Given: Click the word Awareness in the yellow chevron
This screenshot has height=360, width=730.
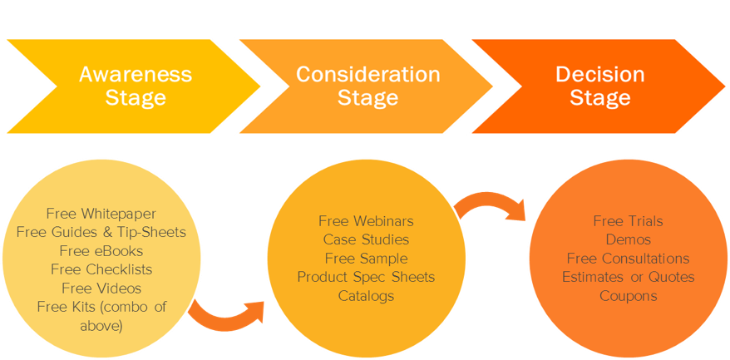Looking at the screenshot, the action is pyautogui.click(x=136, y=75).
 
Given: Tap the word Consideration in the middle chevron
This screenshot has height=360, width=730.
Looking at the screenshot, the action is pyautogui.click(x=367, y=75).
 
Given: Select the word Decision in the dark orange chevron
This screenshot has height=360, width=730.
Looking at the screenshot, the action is pyautogui.click(x=600, y=75).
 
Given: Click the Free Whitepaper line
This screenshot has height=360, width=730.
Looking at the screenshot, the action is pyautogui.click(x=101, y=214).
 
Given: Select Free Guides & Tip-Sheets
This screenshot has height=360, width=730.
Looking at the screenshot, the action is pyautogui.click(x=101, y=232).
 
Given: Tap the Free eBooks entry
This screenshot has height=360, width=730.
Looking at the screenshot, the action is pyautogui.click(x=101, y=250).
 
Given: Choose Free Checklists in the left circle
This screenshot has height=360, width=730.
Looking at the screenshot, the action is pyautogui.click(x=101, y=269).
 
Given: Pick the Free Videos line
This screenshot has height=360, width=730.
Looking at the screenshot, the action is pyautogui.click(x=101, y=288).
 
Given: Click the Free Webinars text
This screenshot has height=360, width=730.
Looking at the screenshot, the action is pyautogui.click(x=366, y=221).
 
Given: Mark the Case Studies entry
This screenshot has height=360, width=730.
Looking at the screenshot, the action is pyautogui.click(x=366, y=239).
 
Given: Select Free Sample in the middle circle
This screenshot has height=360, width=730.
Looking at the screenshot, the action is pyautogui.click(x=366, y=258).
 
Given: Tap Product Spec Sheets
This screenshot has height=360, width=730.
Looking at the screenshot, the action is pyautogui.click(x=366, y=277).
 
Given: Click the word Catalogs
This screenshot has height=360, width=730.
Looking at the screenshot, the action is pyautogui.click(x=366, y=296).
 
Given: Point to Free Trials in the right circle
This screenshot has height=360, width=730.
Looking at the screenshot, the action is pyautogui.click(x=628, y=221).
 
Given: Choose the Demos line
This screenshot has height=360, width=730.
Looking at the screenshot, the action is pyautogui.click(x=628, y=239).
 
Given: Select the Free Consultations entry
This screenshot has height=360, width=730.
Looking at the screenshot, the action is pyautogui.click(x=628, y=258).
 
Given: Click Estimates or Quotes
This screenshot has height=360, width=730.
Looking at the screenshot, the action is pyautogui.click(x=628, y=277).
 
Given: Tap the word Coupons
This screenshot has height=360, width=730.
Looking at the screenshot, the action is pyautogui.click(x=628, y=296).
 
